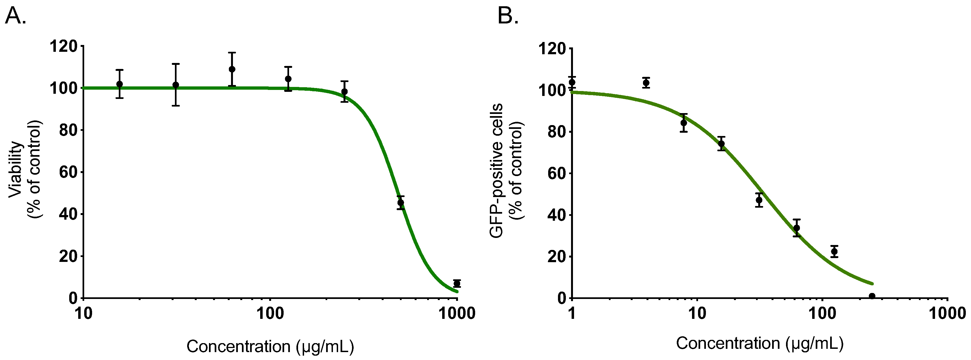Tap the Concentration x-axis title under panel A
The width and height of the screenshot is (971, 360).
click(270, 346)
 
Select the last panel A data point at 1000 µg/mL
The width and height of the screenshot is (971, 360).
click(457, 283)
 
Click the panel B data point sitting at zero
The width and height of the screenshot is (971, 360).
click(872, 296)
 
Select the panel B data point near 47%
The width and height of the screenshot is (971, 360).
click(759, 200)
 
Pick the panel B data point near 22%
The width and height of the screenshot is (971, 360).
click(834, 251)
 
